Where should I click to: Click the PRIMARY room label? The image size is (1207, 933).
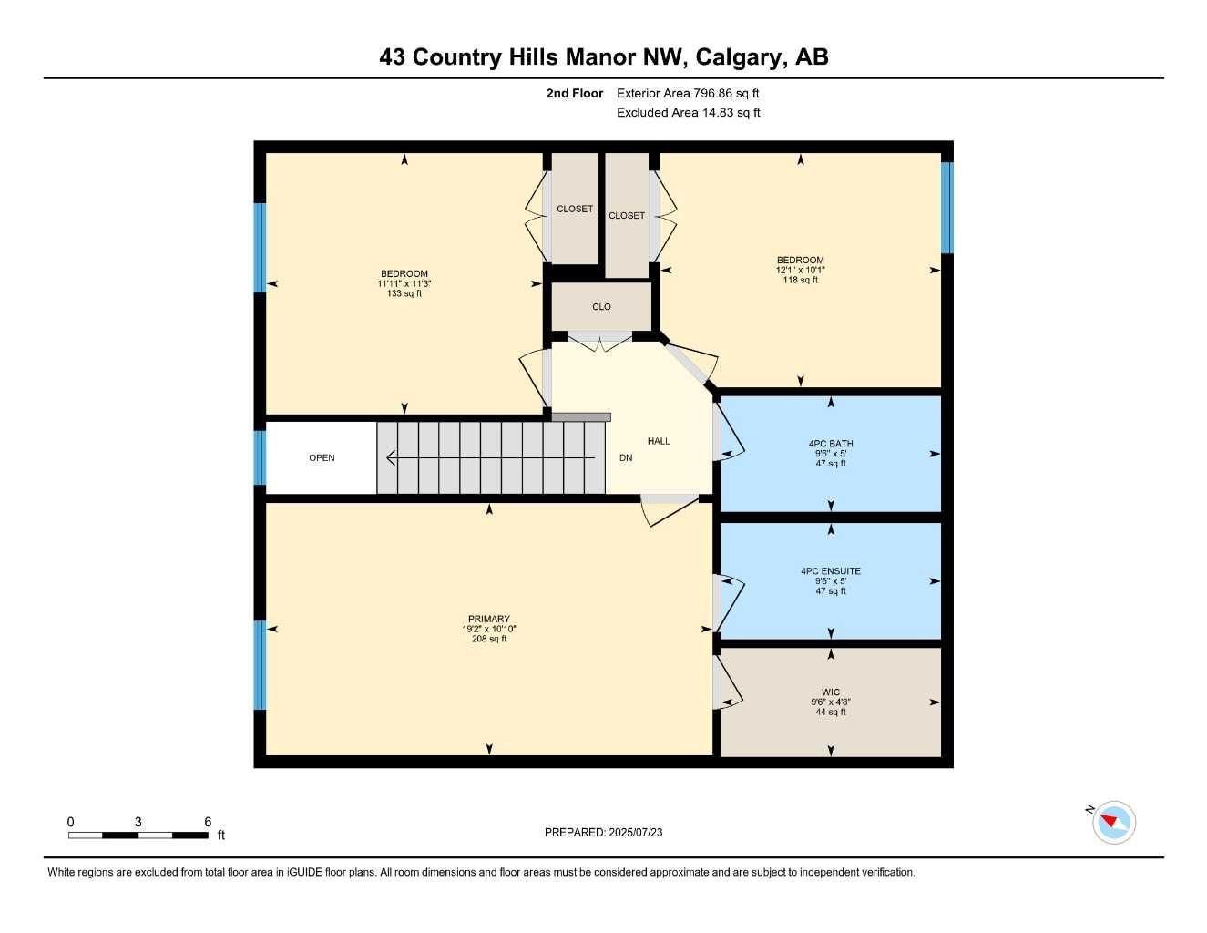488,619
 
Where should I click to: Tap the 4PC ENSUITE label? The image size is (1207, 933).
831,571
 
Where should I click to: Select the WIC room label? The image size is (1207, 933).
831,692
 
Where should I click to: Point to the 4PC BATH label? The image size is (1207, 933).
831,444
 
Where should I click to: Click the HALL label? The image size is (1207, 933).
659,441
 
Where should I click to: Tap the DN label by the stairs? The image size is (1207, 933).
626,457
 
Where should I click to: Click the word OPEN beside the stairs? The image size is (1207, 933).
322,457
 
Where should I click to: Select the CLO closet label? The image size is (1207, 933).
601,306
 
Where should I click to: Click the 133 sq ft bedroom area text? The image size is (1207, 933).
404,293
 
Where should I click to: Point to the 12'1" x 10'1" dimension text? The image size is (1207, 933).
801,270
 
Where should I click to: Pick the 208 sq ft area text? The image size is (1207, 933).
489,639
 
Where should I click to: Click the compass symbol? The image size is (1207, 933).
1113,823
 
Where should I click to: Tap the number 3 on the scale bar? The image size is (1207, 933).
138,822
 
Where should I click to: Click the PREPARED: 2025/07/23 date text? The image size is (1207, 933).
603,833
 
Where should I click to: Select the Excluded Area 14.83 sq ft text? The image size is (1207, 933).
688,113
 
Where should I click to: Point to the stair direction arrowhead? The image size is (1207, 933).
391,457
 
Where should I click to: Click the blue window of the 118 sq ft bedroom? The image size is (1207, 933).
947,207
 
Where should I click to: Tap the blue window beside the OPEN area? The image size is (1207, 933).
260,457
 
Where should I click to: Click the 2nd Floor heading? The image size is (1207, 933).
574,93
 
